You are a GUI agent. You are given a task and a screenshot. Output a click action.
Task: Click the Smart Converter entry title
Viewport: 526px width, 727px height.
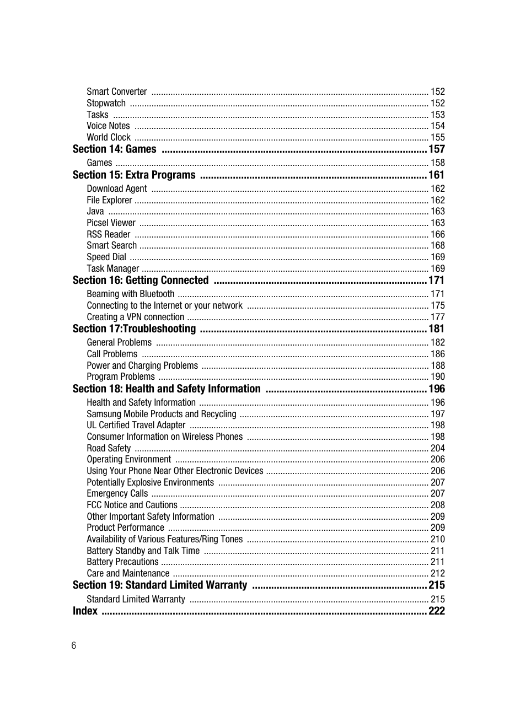click(x=116, y=91)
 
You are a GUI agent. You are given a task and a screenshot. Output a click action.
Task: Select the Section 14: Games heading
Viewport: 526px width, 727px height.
click(x=114, y=149)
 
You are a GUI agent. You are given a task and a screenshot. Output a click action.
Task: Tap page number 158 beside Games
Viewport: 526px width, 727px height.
click(x=437, y=163)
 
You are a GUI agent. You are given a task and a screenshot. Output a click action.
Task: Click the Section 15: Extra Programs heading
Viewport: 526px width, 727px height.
click(x=134, y=175)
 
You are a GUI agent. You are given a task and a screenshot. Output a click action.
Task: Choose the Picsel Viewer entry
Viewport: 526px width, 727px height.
click(x=111, y=223)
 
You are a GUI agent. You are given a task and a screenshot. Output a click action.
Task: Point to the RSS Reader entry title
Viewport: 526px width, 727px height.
click(x=108, y=234)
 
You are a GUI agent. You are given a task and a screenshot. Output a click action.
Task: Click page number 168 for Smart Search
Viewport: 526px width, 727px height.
click(x=437, y=245)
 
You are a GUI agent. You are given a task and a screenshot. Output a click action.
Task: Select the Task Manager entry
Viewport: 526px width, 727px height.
click(x=112, y=268)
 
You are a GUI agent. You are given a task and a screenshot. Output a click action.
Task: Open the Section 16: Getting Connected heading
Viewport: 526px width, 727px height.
click(x=141, y=280)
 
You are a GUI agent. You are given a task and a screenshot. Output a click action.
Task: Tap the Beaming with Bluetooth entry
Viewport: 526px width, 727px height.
click(x=130, y=294)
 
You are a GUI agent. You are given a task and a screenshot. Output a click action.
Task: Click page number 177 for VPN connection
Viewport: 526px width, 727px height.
click(x=437, y=317)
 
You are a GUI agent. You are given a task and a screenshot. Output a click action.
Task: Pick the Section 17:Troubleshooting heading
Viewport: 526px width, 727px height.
click(x=134, y=329)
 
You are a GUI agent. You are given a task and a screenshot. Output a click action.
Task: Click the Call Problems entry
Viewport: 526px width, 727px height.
click(x=112, y=354)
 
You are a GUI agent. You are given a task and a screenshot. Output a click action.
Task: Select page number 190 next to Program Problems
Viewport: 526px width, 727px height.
click(x=437, y=376)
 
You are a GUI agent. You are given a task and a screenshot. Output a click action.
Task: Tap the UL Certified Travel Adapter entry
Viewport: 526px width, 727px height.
click(x=136, y=425)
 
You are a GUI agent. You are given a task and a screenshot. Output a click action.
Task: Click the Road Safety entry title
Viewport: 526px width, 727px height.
click(x=109, y=448)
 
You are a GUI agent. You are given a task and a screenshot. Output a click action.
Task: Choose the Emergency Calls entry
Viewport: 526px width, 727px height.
click(x=117, y=493)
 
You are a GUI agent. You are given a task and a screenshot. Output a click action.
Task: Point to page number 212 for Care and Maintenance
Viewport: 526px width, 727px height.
click(x=437, y=573)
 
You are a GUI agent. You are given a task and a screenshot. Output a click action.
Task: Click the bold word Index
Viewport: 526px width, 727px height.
click(x=85, y=611)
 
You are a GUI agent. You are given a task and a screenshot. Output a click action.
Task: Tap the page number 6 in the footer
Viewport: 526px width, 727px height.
click(x=74, y=645)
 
